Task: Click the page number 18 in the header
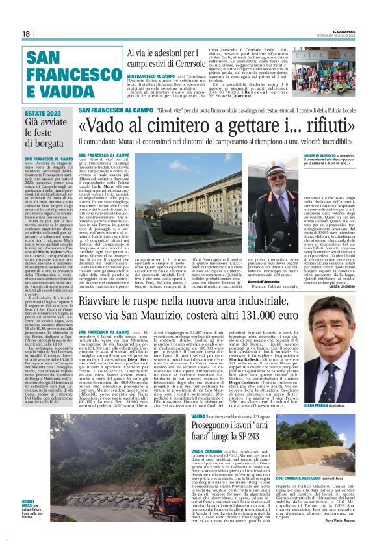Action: (27, 34)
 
